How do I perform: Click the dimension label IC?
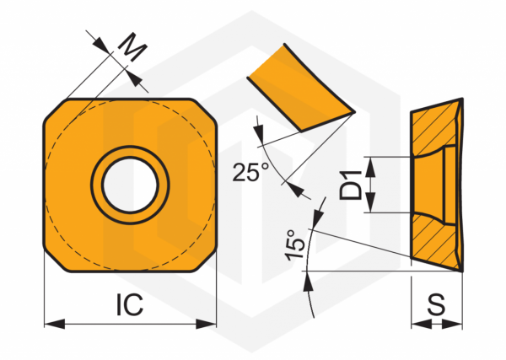tap(129, 304)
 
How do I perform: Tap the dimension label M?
tap(132, 47)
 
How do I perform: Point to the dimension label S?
tap(436, 304)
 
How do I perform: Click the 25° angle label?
tap(250, 172)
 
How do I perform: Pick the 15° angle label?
tap(294, 244)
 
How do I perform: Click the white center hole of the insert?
tap(130, 185)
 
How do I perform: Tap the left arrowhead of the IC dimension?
tap(55, 324)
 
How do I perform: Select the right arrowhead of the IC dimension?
tap(206, 324)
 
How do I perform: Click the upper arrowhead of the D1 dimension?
tap(370, 167)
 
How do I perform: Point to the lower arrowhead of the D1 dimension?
tap(370, 202)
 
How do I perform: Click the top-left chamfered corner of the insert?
tap(56, 111)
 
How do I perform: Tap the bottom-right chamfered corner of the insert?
tap(204, 259)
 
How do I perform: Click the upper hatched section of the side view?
tap(434, 126)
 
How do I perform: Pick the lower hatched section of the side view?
tap(434, 241)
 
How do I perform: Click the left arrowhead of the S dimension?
tap(422, 325)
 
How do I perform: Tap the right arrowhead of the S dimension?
tap(452, 325)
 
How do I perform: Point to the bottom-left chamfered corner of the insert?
tap(56, 259)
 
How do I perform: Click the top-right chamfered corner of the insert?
tap(204, 111)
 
